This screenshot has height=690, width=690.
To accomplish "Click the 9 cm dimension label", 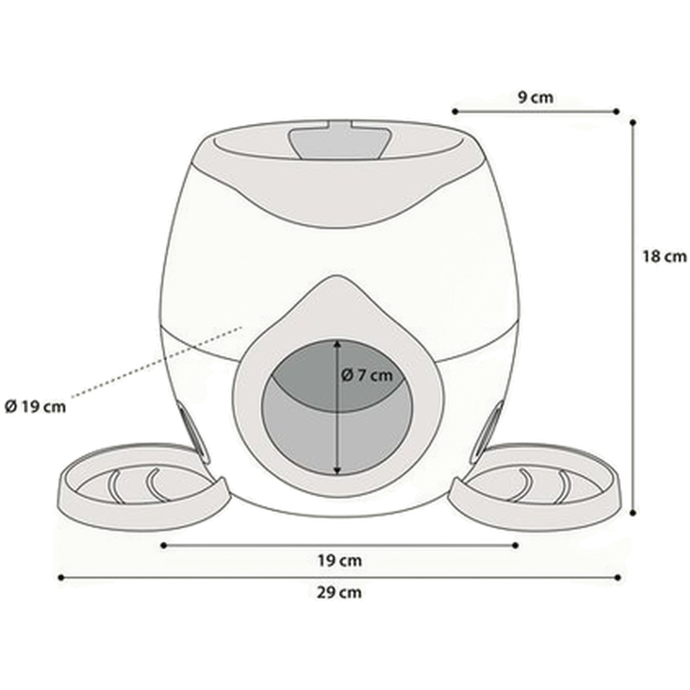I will pos(534,98).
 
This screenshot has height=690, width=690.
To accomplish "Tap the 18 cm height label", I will pos(663,256).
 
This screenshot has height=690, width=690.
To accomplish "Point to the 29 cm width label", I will pos(339,592).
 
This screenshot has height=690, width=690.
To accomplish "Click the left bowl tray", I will pos(131,485).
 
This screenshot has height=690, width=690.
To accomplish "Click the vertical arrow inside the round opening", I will pos(339,411).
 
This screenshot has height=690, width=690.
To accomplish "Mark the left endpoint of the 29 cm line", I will pos(59,577).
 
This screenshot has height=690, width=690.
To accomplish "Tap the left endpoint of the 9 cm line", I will pos(454,111).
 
